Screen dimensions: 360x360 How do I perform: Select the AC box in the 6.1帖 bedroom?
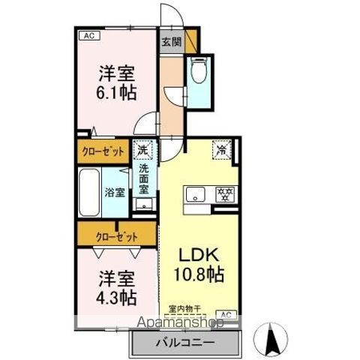coord(88,35)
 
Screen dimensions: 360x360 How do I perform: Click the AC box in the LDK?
coord(224,313)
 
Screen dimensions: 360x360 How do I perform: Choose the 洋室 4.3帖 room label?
coord(117,287)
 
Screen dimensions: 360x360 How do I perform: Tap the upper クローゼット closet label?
coord(103,151)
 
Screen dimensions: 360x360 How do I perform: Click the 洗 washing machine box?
coord(142,150)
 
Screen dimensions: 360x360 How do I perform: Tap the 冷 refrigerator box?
coord(222,149)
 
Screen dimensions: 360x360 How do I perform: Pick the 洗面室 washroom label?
coord(143,179)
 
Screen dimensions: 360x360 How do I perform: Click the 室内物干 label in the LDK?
coord(183,306)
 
